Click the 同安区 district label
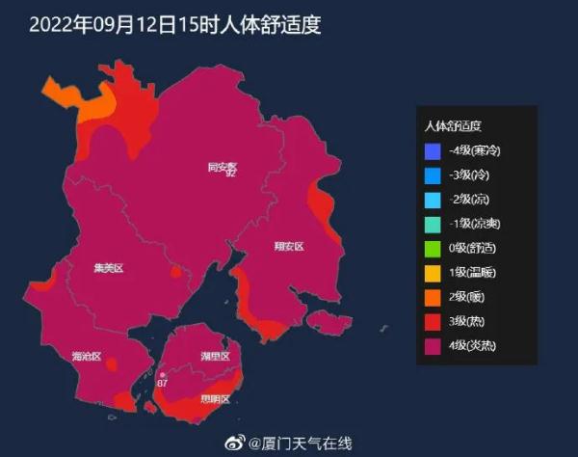point(222,166)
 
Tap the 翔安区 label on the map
point(288,247)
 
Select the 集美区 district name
point(109,267)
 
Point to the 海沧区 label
point(86,356)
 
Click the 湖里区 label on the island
point(216,356)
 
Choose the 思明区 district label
point(215,398)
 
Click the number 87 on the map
point(162,384)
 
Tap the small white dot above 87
point(162,374)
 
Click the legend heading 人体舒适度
point(453,126)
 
